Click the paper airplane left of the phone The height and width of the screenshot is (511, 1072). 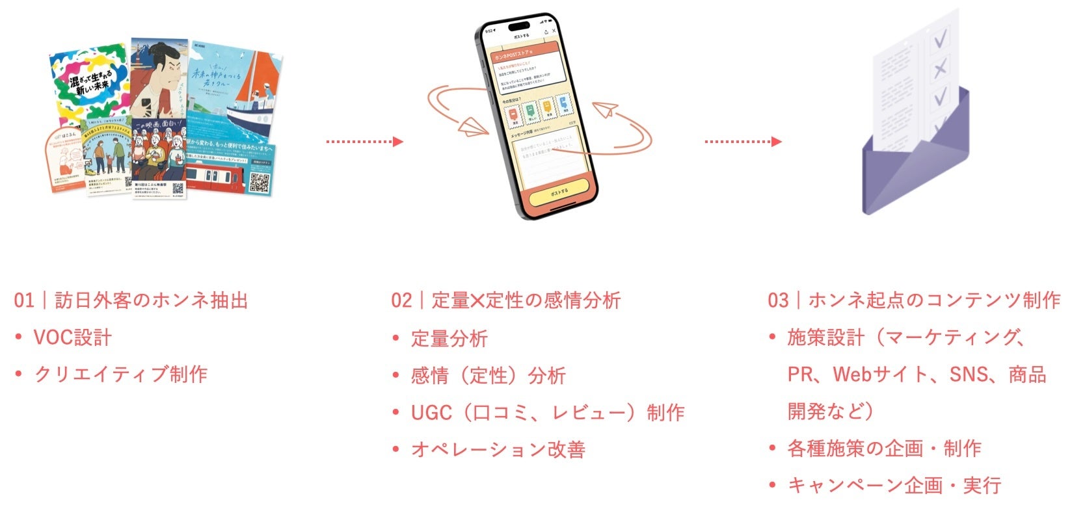[474, 127]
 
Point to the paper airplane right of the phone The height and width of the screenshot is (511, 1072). [607, 111]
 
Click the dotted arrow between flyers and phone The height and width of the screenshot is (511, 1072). [364, 141]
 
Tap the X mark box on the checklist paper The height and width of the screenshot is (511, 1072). [939, 68]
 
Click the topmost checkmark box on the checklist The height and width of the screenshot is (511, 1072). [940, 40]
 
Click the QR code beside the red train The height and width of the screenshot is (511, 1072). [259, 183]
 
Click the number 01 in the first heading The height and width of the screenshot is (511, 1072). [24, 300]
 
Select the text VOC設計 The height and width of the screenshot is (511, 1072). [72, 337]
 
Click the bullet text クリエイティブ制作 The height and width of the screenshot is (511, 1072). [121, 374]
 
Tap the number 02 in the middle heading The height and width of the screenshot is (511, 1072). [401, 300]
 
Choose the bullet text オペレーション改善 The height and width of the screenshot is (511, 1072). [498, 449]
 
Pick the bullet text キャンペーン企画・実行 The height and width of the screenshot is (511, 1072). [894, 486]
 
